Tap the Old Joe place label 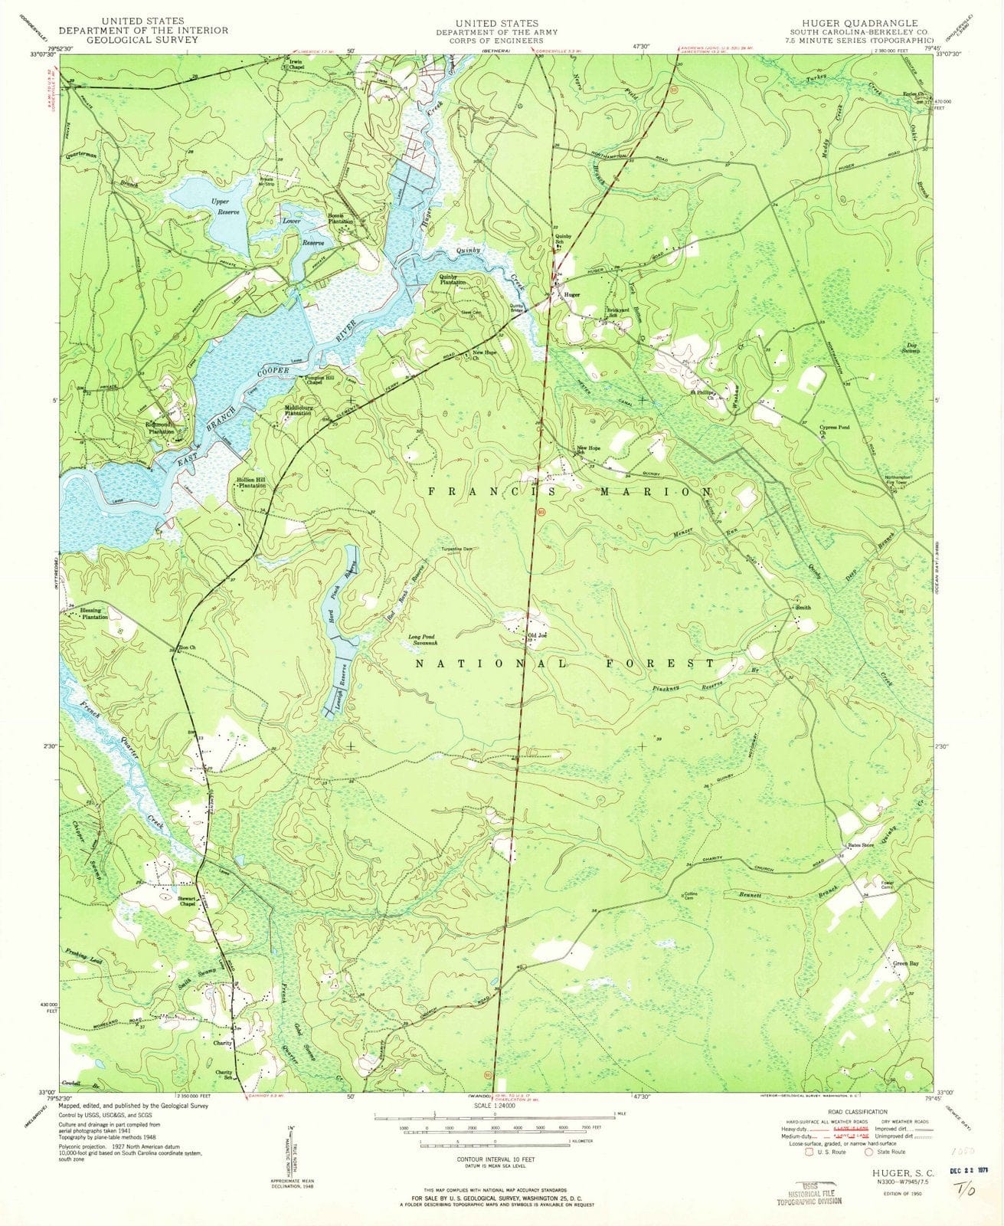coord(537,636)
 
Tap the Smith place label coord(803,608)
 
